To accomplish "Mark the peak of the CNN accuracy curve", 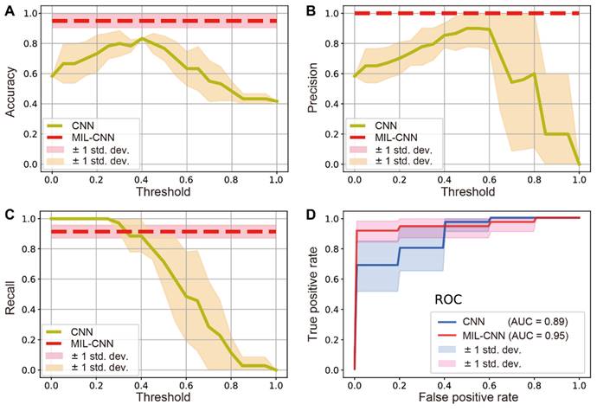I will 142,38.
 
